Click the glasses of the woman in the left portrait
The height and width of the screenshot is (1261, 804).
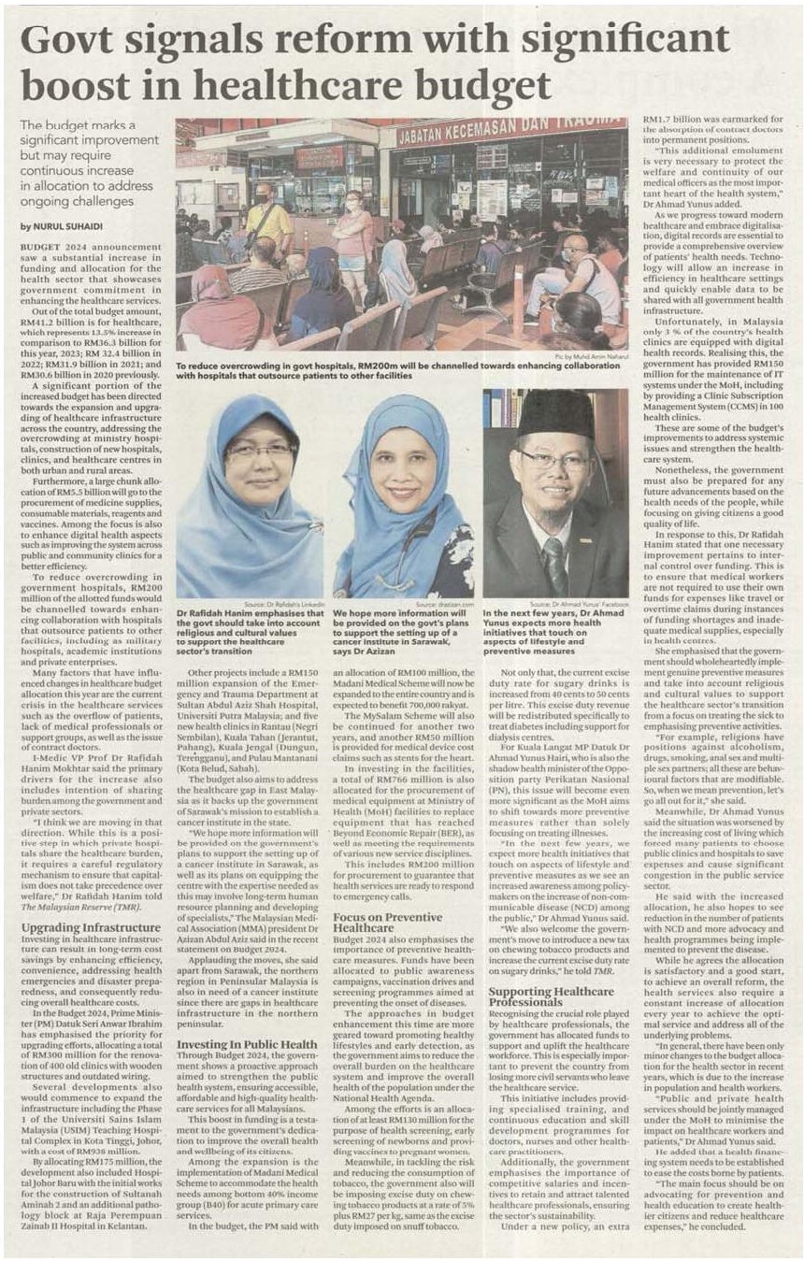(x=259, y=451)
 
